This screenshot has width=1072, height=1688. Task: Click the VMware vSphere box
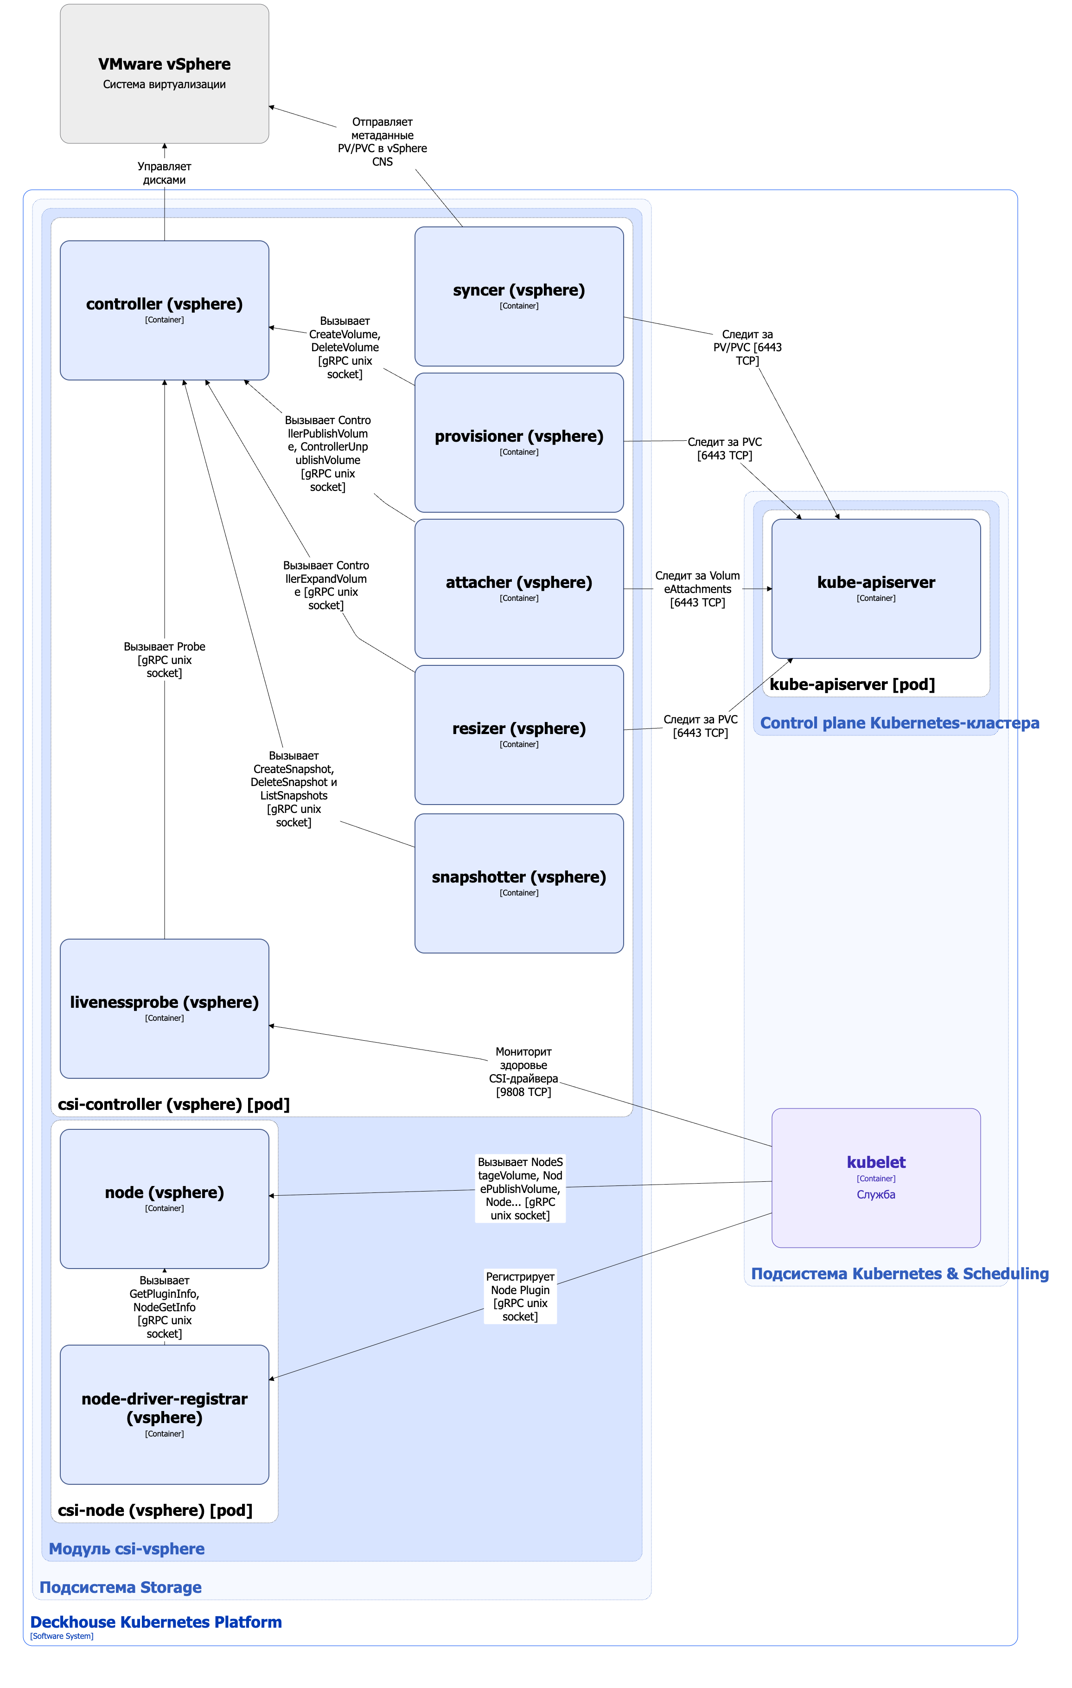pos(165,74)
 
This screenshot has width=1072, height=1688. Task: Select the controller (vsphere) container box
pos(165,310)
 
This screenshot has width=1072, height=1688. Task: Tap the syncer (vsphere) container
pos(519,296)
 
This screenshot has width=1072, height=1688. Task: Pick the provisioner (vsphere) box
pos(519,442)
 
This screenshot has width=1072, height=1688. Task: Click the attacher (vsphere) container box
pos(519,589)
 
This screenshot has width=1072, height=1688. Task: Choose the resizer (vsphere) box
pos(519,734)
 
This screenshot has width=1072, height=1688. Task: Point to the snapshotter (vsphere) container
pos(519,883)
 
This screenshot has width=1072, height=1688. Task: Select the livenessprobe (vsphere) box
pos(165,1009)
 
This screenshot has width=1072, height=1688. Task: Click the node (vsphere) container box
pos(165,1198)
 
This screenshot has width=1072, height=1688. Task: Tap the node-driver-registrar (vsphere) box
pos(165,1415)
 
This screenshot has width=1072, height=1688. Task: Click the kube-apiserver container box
pos(876,589)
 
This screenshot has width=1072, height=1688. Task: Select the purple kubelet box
pos(876,1178)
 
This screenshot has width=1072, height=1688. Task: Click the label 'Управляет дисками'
pos(165,173)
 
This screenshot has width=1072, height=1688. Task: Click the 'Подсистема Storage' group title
pos(121,1587)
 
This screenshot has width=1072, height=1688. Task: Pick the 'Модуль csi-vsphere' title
pos(127,1548)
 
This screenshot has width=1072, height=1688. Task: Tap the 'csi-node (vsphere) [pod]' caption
pos(155,1510)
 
